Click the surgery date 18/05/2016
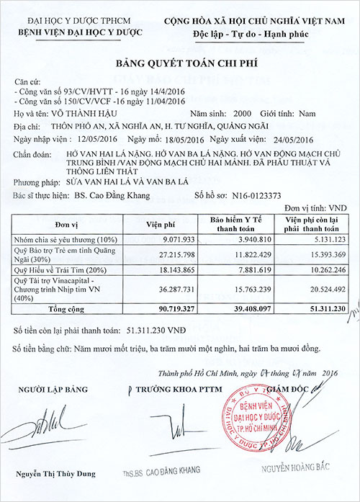coord(172,139)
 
